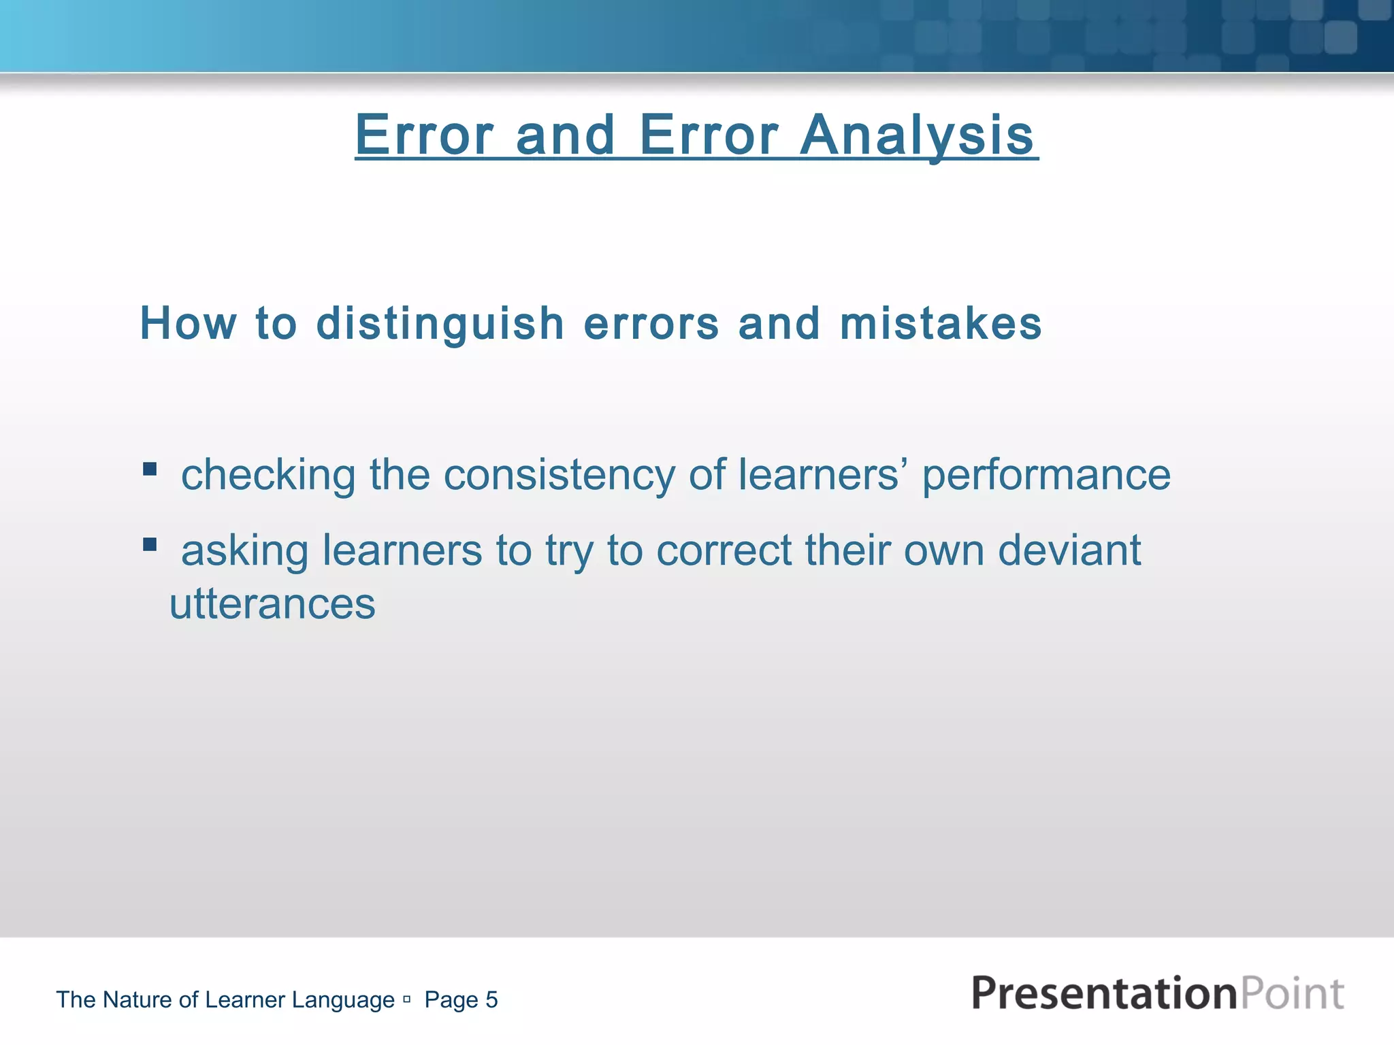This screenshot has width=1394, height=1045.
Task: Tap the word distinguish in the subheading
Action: click(440, 323)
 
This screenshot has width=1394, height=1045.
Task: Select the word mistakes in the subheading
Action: click(940, 323)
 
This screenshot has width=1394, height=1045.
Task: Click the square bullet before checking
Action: click(150, 469)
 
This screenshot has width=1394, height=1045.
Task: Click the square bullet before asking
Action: click(150, 544)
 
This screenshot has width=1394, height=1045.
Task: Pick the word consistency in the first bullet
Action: click(559, 475)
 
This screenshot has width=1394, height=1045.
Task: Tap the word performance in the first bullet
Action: click(1046, 475)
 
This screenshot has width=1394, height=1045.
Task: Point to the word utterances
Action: click(272, 604)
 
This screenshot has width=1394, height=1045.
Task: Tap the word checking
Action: click(268, 475)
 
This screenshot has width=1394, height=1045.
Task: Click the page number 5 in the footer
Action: click(491, 1000)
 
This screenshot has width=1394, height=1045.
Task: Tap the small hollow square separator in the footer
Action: click(406, 999)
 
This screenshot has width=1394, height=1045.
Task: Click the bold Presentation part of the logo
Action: click(1103, 993)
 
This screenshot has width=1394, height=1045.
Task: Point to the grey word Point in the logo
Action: click(1292, 993)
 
